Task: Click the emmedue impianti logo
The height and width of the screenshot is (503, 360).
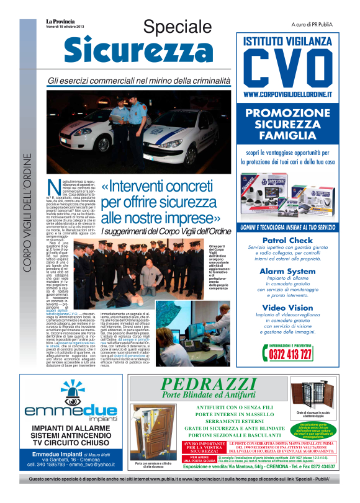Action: click(x=65, y=403)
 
